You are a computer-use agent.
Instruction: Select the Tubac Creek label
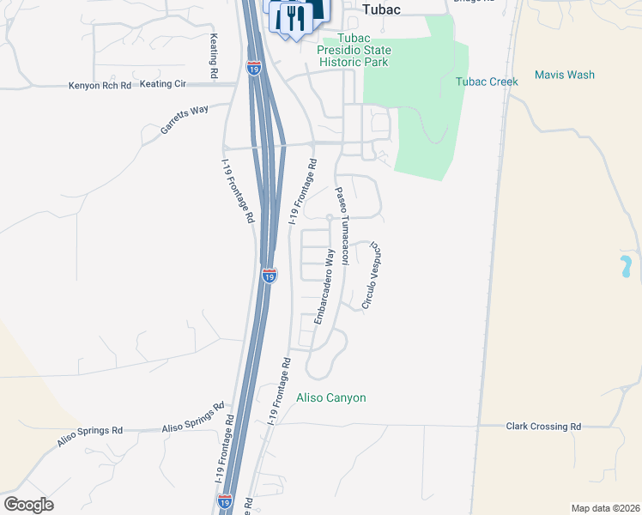pos(487,82)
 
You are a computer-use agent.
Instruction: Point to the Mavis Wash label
pos(564,75)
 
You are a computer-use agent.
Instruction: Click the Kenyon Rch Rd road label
pos(100,86)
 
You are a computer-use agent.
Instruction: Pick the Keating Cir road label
pos(163,84)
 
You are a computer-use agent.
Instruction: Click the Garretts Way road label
pos(185,119)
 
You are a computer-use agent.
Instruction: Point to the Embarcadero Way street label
pos(324,286)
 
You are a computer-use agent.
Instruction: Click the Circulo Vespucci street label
pos(372,275)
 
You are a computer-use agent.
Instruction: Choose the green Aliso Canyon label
pos(331,397)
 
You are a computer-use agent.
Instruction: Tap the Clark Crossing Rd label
pos(543,426)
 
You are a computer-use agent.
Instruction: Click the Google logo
pos(28,505)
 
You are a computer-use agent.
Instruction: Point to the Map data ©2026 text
pos(605,507)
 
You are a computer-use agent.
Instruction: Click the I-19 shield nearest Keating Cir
pos(254,68)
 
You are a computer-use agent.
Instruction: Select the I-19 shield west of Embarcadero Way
pos(270,276)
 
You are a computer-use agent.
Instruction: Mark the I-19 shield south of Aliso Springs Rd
pos(225,502)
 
